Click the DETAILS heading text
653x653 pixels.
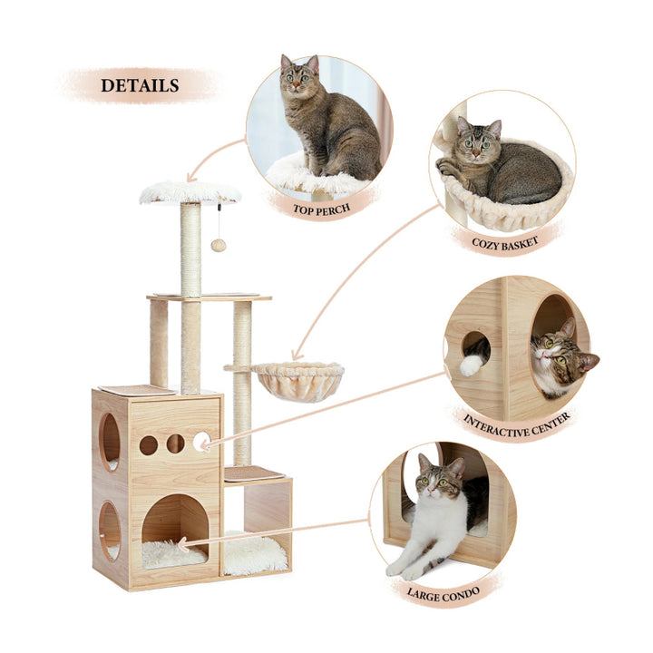click(139, 86)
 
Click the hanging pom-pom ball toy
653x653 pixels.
click(219, 245)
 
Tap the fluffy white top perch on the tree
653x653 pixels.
click(190, 191)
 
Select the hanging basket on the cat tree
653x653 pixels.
click(297, 379)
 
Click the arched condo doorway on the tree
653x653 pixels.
click(174, 526)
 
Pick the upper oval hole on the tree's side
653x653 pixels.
click(110, 441)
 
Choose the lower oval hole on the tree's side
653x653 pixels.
click(109, 531)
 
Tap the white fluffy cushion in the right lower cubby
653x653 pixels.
click(255, 552)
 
